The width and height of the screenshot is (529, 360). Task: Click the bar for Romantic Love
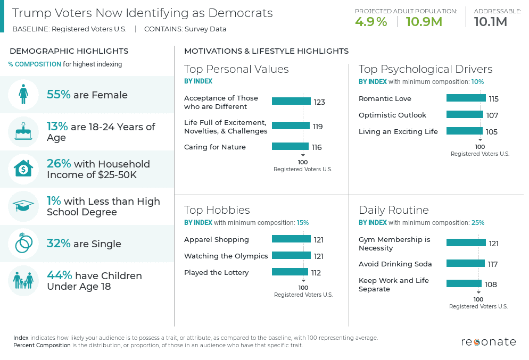click(x=466, y=98)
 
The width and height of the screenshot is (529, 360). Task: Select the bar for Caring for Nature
click(x=290, y=147)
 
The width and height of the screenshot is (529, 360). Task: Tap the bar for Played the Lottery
click(x=290, y=272)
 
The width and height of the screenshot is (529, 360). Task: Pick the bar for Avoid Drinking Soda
click(x=465, y=264)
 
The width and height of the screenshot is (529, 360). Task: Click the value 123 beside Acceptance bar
click(x=319, y=102)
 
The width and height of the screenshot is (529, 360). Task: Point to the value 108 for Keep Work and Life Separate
click(x=491, y=284)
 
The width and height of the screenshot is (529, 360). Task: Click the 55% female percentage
click(x=59, y=95)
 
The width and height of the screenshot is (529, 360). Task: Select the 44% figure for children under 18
click(x=60, y=275)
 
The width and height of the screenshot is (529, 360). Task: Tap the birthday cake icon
click(x=23, y=132)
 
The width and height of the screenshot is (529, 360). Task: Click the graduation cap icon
click(x=23, y=206)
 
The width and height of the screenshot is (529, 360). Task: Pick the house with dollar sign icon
click(x=23, y=169)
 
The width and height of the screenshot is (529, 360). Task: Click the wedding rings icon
click(x=23, y=244)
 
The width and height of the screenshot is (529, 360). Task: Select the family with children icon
click(x=23, y=280)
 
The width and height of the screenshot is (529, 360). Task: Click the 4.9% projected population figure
click(x=371, y=22)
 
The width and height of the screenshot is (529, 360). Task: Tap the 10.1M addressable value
click(x=490, y=22)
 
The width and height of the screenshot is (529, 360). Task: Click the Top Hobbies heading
click(x=217, y=210)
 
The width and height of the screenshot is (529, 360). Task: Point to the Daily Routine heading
click(x=393, y=210)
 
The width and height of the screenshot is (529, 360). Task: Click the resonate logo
click(x=488, y=341)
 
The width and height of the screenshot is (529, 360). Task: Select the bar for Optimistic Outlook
click(x=464, y=115)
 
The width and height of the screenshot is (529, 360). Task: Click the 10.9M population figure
click(x=424, y=22)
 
